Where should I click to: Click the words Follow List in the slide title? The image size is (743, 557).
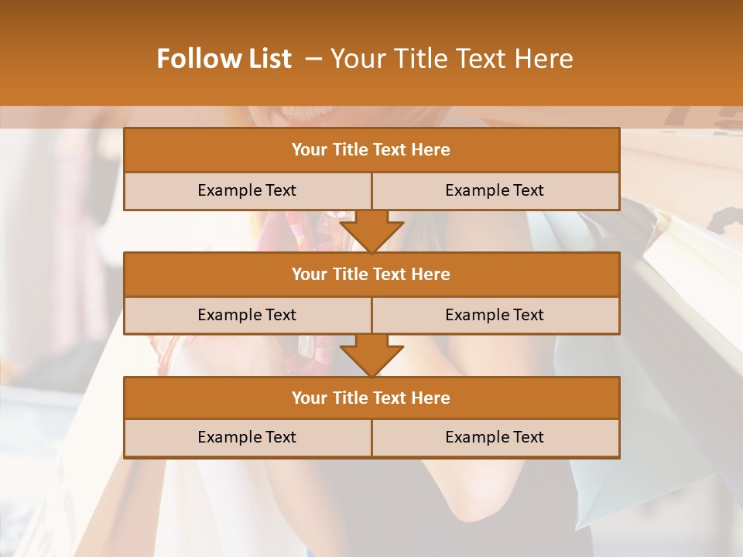(224, 59)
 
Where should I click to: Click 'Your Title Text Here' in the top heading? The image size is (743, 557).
(451, 59)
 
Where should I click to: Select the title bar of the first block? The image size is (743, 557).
(371, 150)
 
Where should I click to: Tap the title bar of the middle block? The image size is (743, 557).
(371, 275)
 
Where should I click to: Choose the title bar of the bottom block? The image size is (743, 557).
(371, 398)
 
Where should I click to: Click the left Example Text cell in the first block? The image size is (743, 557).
(247, 191)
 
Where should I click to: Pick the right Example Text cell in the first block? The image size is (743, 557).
(495, 191)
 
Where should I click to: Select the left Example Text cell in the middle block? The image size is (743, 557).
(247, 316)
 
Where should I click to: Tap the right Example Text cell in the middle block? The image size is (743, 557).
(495, 316)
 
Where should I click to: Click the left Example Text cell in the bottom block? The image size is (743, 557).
(247, 438)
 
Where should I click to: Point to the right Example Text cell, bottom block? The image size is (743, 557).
(495, 438)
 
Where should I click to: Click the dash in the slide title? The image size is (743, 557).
(313, 59)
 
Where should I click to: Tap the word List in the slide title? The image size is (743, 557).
(268, 59)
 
